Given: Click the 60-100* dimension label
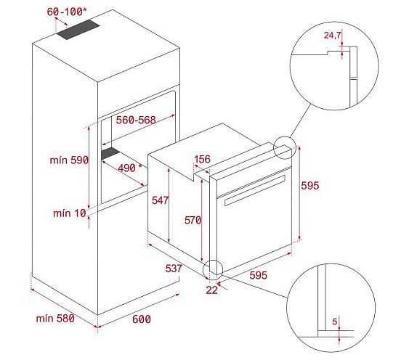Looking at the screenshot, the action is click(67, 12).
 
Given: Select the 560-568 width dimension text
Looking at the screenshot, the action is click(136, 120).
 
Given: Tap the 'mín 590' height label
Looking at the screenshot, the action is click(69, 160).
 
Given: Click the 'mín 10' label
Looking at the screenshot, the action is click(70, 213).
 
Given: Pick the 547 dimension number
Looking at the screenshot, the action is click(161, 200).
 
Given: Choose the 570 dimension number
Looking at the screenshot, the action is click(193, 220).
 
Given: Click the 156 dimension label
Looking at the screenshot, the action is click(202, 159).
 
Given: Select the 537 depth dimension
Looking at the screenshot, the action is click(174, 269).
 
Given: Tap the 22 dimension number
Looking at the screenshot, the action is click(211, 290).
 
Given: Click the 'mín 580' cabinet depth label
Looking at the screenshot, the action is click(55, 319).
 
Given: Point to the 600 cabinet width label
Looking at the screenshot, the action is click(142, 319).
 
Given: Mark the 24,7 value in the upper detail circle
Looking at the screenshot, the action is click(332, 35).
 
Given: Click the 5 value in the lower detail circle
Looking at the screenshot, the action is click(335, 322).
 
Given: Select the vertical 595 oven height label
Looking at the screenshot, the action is click(310, 186).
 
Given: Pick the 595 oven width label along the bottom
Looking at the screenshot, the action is click(258, 275).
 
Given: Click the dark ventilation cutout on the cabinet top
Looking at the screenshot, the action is click(78, 30).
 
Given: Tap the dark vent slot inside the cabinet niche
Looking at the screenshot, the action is click(110, 153).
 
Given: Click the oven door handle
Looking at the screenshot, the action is click(254, 190).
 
